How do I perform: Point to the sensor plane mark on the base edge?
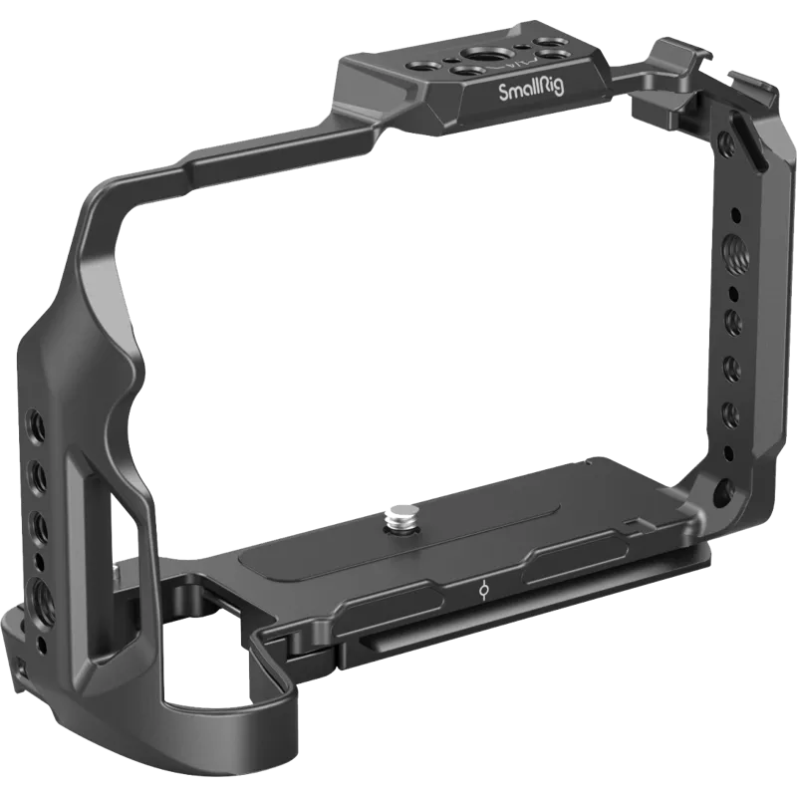coord(482,590)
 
